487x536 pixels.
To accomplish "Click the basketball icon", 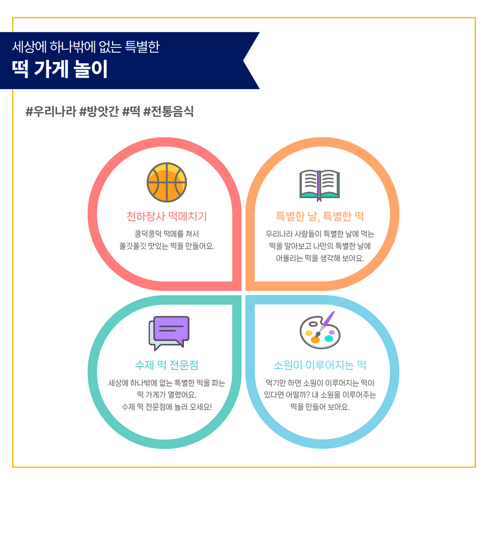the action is click(166, 182).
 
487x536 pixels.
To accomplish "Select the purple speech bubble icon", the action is click(169, 333).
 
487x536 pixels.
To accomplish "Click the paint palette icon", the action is click(320, 330).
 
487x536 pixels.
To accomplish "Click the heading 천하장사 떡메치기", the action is click(166, 216).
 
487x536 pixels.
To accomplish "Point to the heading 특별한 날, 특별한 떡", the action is click(320, 216).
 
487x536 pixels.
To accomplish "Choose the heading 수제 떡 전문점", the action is click(166, 365).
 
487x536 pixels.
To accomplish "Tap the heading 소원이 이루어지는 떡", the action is click(320, 365).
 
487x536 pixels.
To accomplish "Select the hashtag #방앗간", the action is click(99, 111).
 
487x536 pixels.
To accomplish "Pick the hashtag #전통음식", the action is click(168, 111).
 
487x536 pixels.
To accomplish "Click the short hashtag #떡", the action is click(131, 111).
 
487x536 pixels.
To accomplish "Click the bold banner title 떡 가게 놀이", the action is click(60, 69).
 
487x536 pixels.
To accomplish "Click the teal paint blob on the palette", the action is click(329, 339).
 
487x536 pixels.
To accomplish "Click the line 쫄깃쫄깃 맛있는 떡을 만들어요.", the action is click(166, 246).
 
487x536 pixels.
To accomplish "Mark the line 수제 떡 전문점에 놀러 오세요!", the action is click(166, 407).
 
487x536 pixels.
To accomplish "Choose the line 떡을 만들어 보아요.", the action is click(320, 407).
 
